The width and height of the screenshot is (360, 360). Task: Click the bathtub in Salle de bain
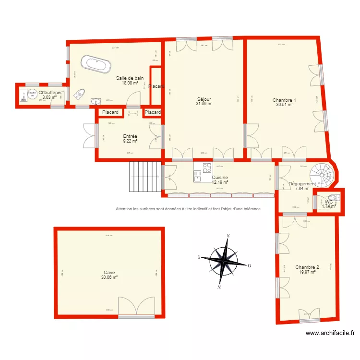96,64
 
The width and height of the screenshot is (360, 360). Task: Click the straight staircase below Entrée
144,176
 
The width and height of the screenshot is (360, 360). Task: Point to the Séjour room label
204,99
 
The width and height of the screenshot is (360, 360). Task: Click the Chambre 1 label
284,100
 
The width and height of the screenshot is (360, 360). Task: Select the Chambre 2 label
307,267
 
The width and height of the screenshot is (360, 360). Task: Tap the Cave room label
109,273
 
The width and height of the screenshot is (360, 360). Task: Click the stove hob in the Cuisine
207,168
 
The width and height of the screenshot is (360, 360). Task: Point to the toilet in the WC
336,197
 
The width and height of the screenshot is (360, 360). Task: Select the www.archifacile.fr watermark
330,333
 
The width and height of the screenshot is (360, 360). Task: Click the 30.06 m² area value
109,277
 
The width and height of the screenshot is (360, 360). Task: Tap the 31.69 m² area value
204,103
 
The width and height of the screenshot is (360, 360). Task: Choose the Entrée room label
130,136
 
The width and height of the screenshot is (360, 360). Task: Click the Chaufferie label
49,93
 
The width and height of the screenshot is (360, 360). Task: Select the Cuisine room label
220,178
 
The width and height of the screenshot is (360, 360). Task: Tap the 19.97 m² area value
307,272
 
